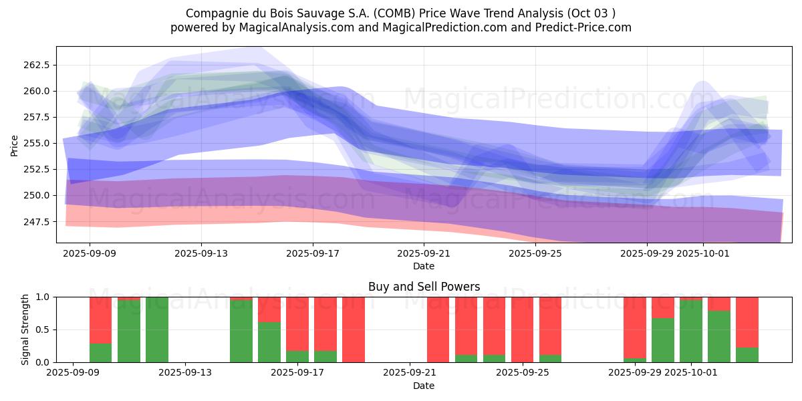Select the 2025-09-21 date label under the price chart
(424, 254)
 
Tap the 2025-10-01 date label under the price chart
(702, 254)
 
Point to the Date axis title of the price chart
(424, 266)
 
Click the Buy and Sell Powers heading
(424, 287)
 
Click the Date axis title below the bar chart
(424, 386)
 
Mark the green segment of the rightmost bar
(747, 355)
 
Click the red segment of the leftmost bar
(100, 319)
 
